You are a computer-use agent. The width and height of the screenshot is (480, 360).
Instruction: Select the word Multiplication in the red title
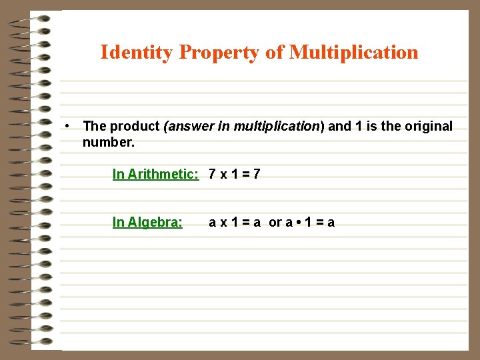[354, 52]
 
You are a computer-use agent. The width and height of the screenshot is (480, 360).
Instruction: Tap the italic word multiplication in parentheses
[277, 127]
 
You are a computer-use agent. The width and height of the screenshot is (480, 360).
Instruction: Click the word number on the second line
[108, 142]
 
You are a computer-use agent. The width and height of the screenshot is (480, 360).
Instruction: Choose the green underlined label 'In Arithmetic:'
[155, 175]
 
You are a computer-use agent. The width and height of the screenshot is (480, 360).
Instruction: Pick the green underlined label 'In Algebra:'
[147, 223]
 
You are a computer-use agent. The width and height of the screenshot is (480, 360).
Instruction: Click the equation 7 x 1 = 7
[234, 175]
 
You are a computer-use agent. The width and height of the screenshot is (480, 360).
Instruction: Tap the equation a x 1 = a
[235, 223]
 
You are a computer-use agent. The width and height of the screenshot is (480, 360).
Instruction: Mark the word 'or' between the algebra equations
[275, 223]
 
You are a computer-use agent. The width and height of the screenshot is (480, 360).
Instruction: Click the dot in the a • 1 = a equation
[298, 223]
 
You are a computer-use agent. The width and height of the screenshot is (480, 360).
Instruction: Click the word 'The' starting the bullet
[94, 127]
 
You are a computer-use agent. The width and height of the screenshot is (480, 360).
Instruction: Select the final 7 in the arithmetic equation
[257, 175]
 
